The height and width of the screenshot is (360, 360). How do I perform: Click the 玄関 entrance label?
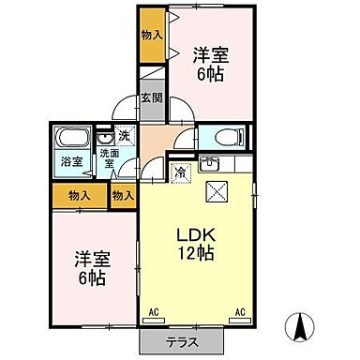[x=151, y=97]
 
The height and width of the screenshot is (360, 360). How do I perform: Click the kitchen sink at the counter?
[x=213, y=167]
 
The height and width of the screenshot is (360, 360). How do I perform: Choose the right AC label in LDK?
[x=240, y=310]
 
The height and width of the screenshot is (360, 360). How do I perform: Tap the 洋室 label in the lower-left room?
[x=89, y=261]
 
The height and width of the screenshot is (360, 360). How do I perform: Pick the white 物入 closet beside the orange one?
[x=121, y=196]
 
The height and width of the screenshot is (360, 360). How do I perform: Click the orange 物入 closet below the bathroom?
[x=79, y=196]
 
